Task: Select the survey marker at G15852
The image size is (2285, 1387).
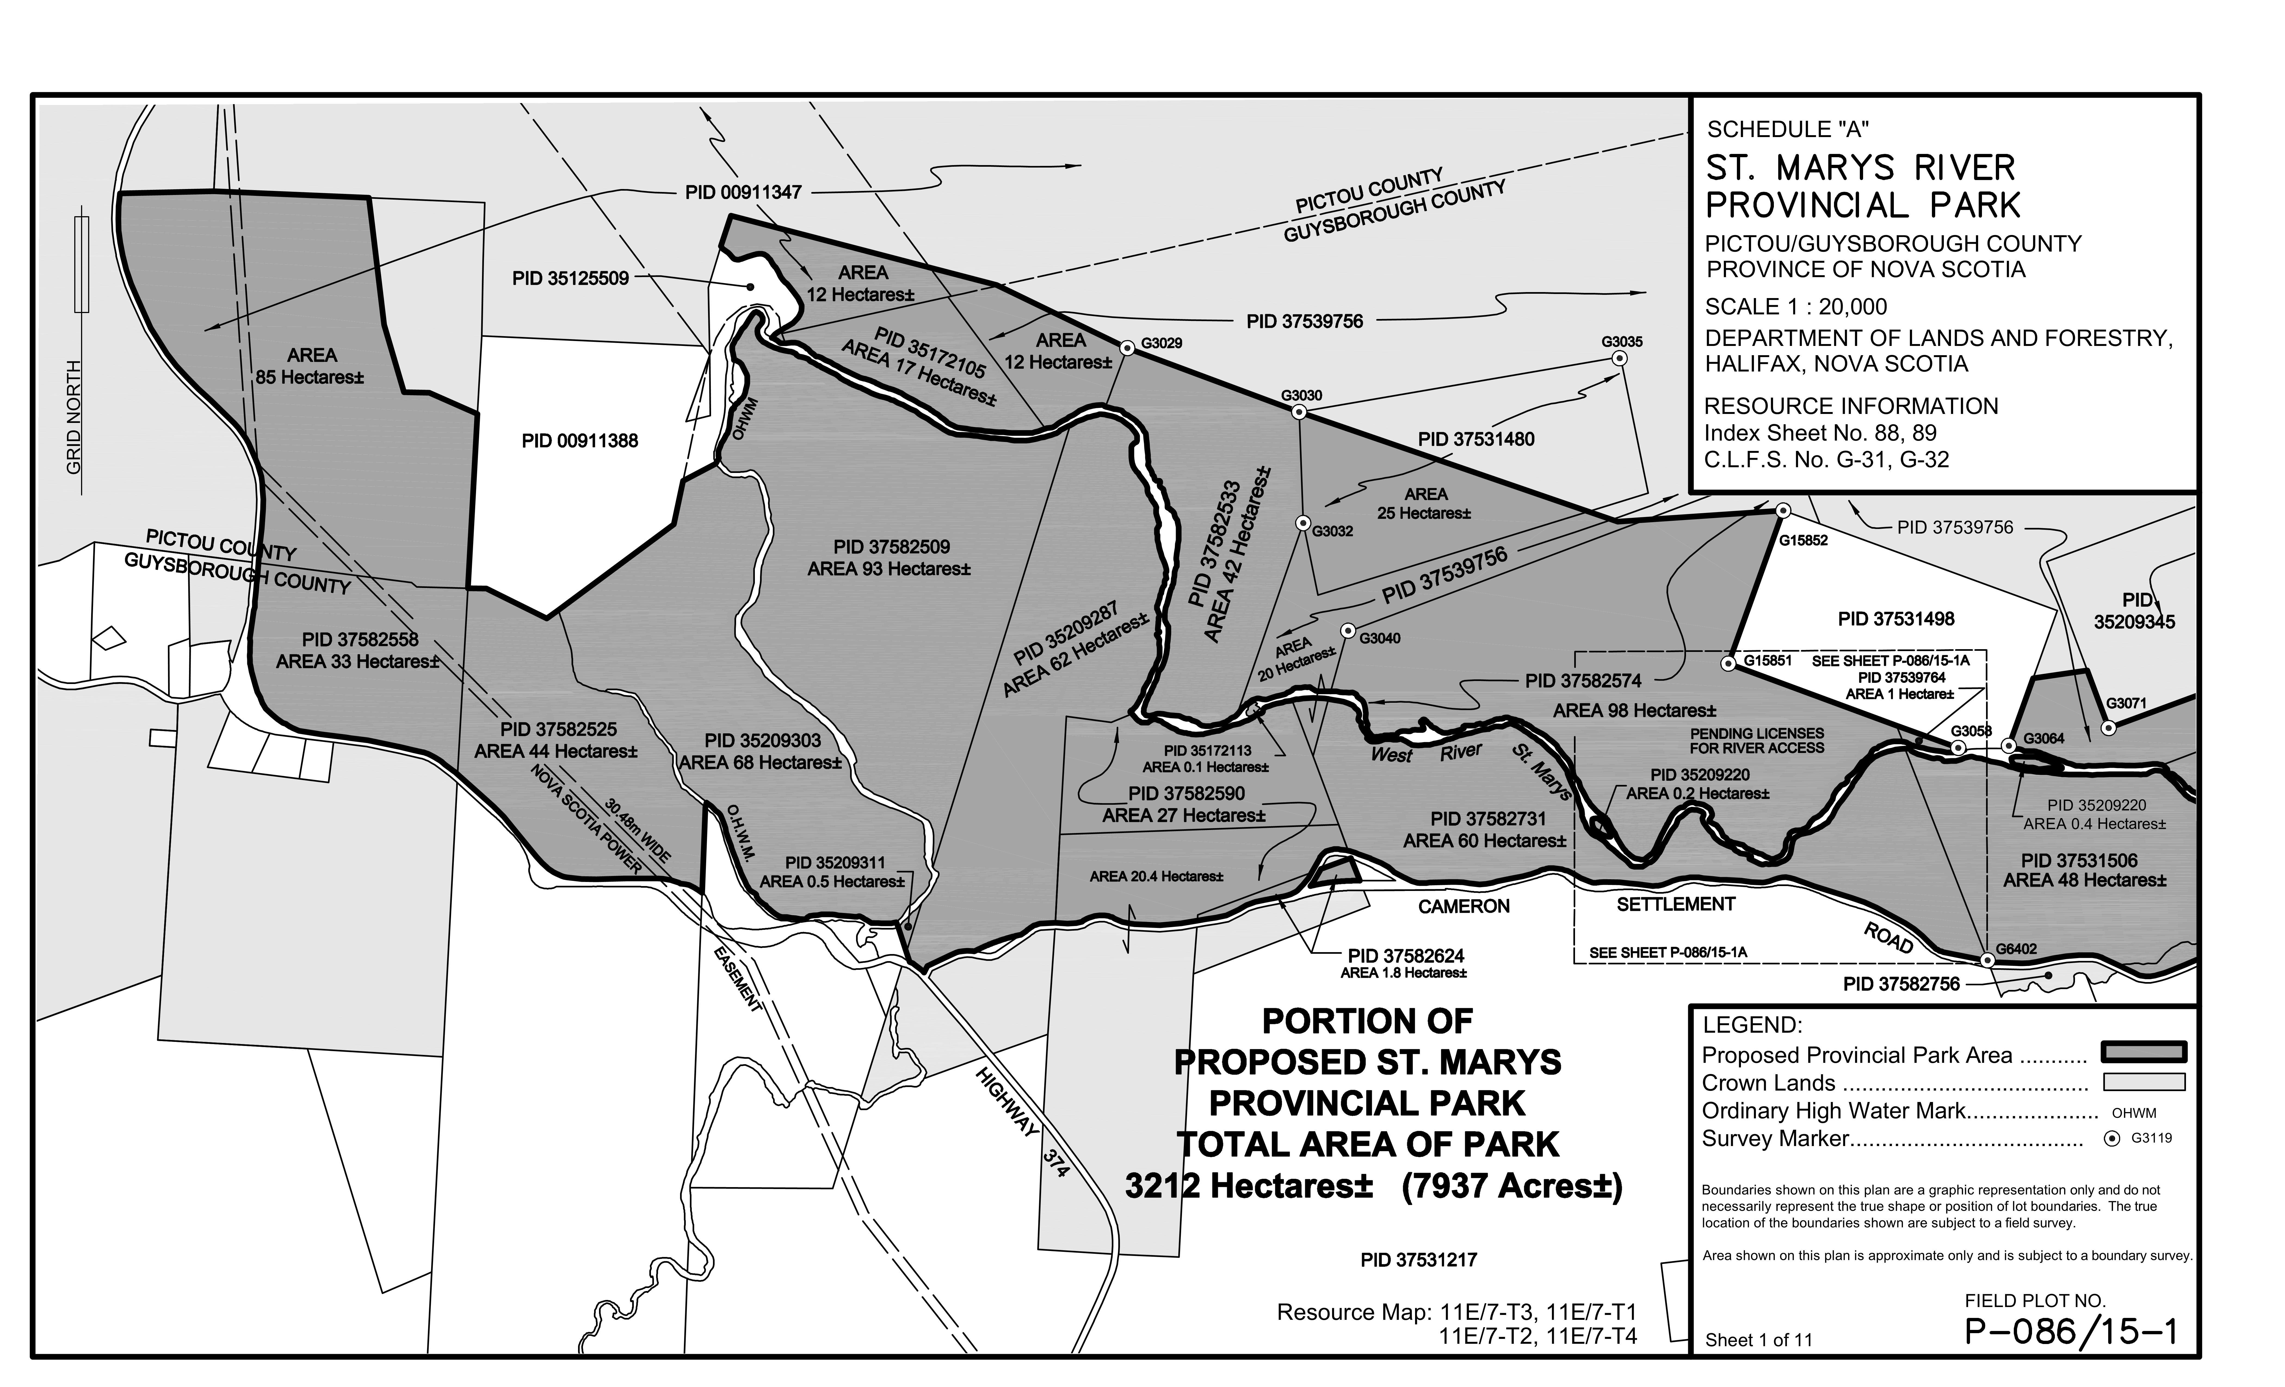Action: (x=1782, y=511)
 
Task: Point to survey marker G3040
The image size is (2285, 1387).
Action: (x=1347, y=630)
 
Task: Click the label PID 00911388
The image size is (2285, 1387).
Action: (x=580, y=441)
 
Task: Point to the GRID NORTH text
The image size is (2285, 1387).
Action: (x=74, y=417)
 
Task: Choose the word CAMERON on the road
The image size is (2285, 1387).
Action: (x=1463, y=907)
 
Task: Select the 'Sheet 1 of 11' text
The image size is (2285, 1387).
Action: (x=1758, y=1340)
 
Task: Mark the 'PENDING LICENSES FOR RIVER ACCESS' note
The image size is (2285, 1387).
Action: (x=1756, y=741)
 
